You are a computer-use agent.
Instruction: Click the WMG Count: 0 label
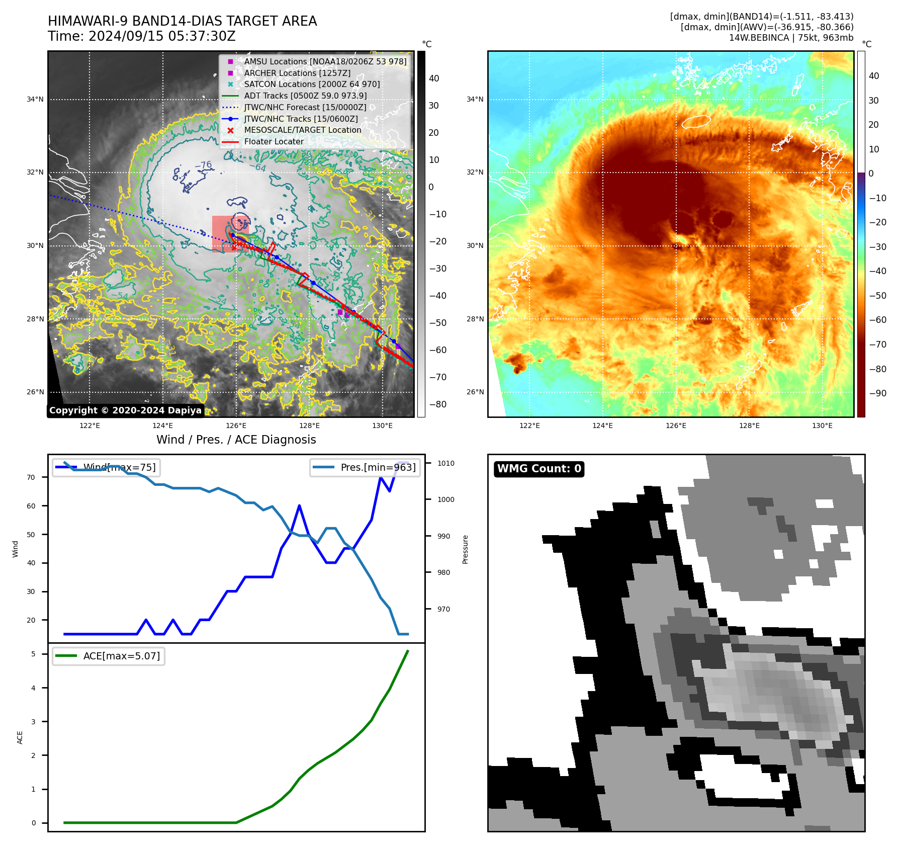pos(539,469)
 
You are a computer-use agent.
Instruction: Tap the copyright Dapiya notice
pos(125,410)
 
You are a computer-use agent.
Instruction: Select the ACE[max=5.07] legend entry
pos(121,656)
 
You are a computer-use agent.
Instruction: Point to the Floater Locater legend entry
pos(274,142)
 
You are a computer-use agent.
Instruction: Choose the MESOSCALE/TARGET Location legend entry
pos(302,130)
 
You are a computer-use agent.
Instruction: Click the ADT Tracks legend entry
pos(305,96)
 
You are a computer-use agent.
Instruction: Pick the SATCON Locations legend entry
pos(312,84)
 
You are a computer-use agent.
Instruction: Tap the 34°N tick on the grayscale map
pos(35,100)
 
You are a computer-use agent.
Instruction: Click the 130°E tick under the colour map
pos(822,426)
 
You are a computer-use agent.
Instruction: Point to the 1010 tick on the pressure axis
pos(445,463)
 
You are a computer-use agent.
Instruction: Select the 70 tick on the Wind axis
pos(31,477)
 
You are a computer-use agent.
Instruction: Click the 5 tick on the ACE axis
pos(34,654)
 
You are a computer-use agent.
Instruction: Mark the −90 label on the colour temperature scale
pos(877,393)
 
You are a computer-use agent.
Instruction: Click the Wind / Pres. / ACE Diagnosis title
pos(236,440)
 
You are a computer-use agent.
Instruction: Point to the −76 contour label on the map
pos(203,165)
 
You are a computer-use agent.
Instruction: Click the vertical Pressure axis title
pos(465,549)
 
